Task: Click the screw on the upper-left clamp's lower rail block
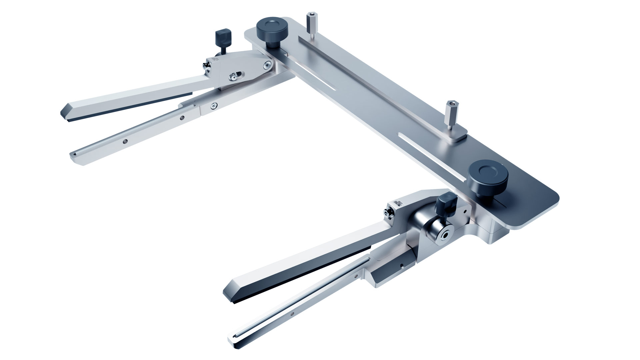pos(213,106)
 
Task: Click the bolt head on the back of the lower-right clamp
pos(388,211)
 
